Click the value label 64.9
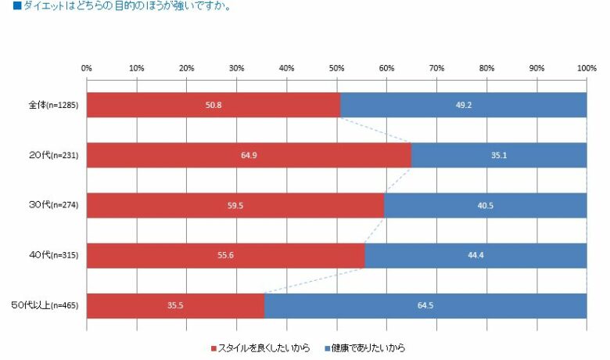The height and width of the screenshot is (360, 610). tap(249, 155)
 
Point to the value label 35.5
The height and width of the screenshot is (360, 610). tap(175, 305)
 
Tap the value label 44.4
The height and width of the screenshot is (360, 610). tap(475, 255)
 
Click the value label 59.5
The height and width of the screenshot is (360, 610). tap(235, 205)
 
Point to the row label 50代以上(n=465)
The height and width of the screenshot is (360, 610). tap(48, 305)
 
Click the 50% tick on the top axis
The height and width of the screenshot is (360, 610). tap(337, 68)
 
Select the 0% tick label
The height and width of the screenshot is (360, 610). tap(87, 68)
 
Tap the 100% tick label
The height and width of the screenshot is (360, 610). tap(587, 68)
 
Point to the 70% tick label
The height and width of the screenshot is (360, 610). tap(437, 68)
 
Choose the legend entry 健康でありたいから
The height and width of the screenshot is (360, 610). tap(368, 347)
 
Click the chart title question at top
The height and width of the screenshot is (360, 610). tap(121, 9)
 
